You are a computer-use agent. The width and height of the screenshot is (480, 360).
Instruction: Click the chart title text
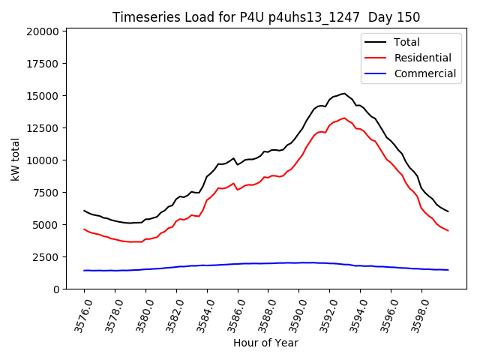coord(266,17)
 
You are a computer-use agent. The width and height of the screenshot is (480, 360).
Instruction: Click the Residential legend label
coord(422,58)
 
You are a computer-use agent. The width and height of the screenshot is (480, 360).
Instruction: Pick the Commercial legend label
coord(425,73)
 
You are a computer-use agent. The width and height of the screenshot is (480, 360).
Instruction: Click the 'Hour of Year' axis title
coord(265,343)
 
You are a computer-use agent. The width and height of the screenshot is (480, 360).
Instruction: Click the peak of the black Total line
coord(344,94)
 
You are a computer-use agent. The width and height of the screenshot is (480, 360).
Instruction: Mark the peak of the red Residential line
coord(344,118)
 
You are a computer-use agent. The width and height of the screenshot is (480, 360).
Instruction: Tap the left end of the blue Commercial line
coord(84,270)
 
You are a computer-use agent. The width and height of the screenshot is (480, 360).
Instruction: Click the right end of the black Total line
coord(448,211)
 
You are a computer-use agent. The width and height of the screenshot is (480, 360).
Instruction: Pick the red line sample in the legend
coord(376,58)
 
